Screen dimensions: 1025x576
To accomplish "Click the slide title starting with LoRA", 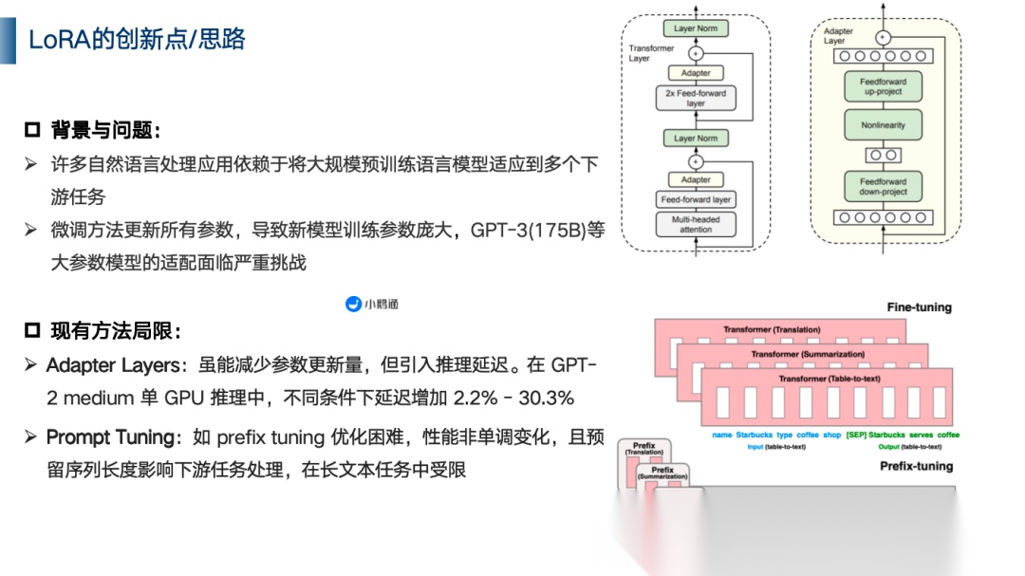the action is (137, 39).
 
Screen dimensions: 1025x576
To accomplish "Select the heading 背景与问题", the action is (105, 130).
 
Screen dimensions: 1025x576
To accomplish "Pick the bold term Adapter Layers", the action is (112, 365).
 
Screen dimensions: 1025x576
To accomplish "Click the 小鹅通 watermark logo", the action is (372, 304).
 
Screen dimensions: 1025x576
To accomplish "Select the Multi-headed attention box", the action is (696, 225).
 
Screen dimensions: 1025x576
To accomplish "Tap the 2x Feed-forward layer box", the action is (696, 98).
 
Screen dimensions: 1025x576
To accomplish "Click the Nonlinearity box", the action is (883, 125).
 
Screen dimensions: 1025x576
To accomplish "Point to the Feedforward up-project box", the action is (883, 87).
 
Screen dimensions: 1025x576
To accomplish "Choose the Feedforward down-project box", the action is (883, 186).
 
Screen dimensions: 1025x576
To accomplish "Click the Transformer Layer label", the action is (651, 53).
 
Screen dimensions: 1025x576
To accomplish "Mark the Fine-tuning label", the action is (919, 307).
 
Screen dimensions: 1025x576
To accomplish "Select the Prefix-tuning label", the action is (916, 466).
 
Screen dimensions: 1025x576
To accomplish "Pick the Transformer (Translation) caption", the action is (772, 330).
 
